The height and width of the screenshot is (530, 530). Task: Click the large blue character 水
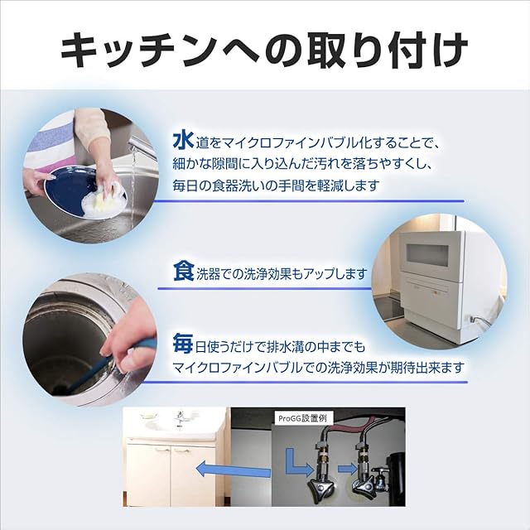pos(183,141)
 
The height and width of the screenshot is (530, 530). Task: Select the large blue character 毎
pos(183,344)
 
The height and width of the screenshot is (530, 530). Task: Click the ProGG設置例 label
pos(302,418)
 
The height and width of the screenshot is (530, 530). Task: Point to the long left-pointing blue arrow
pos(234,470)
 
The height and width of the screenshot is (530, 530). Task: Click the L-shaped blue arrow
pos(298,462)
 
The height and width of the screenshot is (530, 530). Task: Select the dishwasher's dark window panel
pos(427,253)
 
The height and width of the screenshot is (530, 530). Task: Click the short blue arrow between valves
pos(348,469)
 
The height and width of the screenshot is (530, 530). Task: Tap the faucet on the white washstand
pos(180,419)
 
